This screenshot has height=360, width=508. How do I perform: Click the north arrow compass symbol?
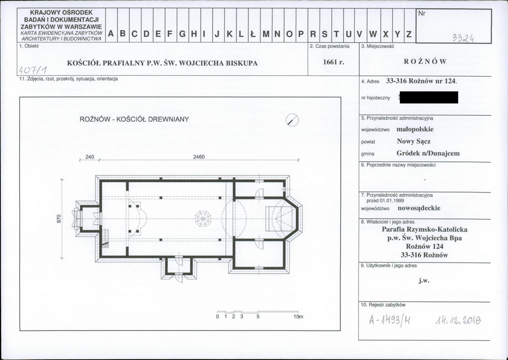click(292, 120)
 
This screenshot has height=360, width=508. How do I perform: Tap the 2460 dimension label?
click(199, 157)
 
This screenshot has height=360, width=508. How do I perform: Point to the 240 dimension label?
click(89, 157)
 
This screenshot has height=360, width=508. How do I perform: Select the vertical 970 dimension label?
click(58, 219)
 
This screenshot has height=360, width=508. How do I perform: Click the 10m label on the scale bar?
click(298, 316)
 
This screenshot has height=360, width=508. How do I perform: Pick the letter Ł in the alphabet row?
click(253, 33)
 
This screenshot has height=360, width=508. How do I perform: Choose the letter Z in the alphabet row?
click(409, 34)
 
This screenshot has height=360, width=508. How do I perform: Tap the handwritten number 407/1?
click(33, 69)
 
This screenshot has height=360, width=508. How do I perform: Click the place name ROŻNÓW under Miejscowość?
click(425, 61)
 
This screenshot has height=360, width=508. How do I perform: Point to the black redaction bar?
click(429, 97)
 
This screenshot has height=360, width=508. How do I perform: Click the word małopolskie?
click(415, 129)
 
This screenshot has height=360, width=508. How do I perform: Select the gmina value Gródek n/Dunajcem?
click(428, 153)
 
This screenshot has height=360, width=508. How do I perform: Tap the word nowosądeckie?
click(419, 208)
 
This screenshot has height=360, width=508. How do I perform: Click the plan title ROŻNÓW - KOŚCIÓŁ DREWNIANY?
click(134, 119)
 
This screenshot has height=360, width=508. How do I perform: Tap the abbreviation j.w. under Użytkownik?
click(424, 280)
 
